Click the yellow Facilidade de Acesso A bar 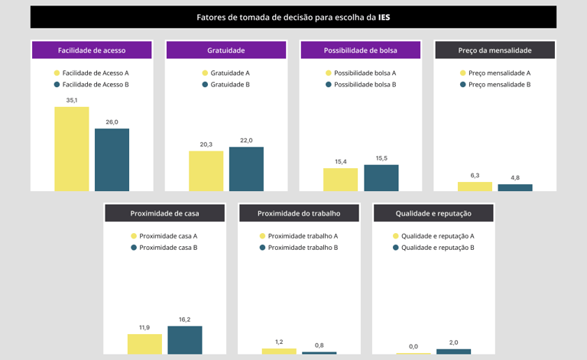tap(71, 149)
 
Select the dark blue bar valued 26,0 tap(112, 160)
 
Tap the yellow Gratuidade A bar tap(206, 170)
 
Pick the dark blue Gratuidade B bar tap(246, 169)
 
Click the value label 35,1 tap(71, 100)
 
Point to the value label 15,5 tap(381, 158)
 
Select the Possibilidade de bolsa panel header tap(361, 50)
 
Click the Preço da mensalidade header tap(495, 50)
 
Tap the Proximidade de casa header tap(164, 213)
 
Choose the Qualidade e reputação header tap(433, 213)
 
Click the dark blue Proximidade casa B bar tap(185, 340)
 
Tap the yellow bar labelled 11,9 tap(144, 344)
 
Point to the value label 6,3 tap(475, 175)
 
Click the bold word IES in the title tap(384, 17)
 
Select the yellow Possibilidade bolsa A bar tap(340, 180)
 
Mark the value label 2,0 tap(454, 342)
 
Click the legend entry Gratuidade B tap(229, 84)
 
